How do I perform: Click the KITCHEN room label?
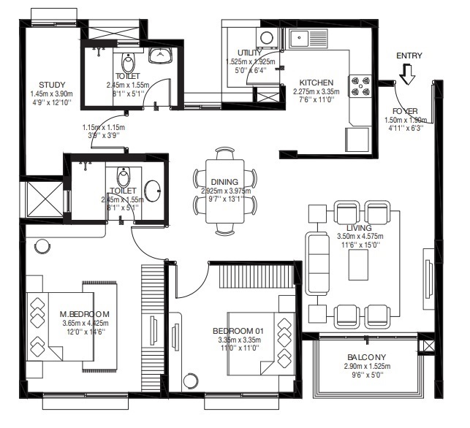tap(315, 83)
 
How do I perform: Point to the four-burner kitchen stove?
tap(361, 85)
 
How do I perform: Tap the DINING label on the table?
tap(225, 183)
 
